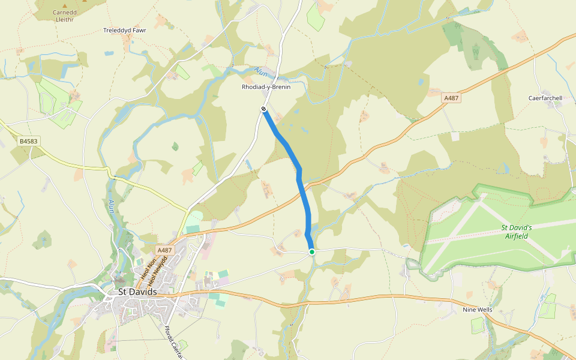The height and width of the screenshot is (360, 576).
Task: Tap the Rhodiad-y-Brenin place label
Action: (266, 87)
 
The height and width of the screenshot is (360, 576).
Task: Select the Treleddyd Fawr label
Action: (125, 30)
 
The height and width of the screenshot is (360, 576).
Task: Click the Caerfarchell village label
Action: (545, 98)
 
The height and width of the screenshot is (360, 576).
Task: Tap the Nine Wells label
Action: (477, 310)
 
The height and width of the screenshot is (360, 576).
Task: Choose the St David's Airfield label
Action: (517, 232)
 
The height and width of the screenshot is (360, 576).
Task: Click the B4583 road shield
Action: (28, 142)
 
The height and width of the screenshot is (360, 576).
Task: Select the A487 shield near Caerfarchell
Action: (451, 97)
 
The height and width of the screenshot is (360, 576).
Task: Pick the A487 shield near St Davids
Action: (164, 250)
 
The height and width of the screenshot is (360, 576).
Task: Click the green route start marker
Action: (312, 252)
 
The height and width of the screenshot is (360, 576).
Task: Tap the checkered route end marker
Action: (263, 109)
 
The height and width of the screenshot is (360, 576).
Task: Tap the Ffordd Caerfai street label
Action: (173, 343)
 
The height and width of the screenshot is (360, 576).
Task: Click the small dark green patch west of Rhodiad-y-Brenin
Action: (175, 146)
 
